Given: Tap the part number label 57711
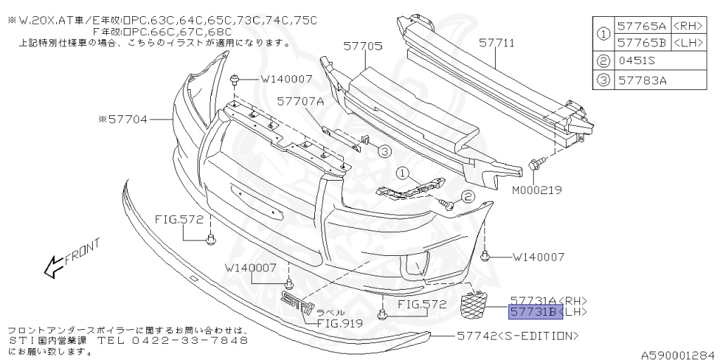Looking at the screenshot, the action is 496,43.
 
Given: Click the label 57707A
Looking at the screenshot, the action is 300,101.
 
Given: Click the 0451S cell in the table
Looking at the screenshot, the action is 637,62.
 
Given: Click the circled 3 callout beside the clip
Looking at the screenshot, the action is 383,150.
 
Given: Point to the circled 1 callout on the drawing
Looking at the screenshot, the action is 401,172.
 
